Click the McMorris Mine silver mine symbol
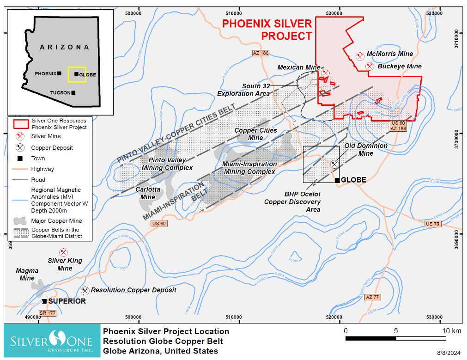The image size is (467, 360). point(360,56)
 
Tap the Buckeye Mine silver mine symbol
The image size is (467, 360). point(370,66)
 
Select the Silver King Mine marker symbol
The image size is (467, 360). point(64,252)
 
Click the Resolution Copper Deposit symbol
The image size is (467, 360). point(85,291)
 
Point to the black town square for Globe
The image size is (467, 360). point(338,180)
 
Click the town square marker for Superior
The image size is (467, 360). point(44,301)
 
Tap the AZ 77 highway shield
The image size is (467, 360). point(371,297)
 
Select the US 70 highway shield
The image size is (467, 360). point(433,224)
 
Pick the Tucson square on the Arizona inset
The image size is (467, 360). point(73,92)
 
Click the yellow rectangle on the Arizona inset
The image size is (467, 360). point(77,74)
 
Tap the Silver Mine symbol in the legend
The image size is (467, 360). point(20,136)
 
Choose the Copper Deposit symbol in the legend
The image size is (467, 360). point(20,148)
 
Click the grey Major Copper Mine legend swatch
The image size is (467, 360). point(20,221)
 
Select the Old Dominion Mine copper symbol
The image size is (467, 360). point(334,164)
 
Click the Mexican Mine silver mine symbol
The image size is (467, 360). point(325,73)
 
